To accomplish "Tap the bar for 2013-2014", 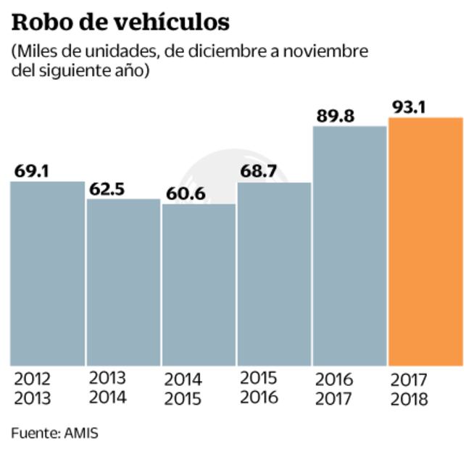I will [123, 282].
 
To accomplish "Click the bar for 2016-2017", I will [349, 246].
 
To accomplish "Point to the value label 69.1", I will [31, 172].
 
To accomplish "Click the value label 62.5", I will [107, 189].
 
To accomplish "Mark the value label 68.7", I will [258, 172].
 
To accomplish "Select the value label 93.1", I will [409, 107].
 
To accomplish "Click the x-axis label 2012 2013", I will [33, 387].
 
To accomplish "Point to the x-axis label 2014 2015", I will [184, 389].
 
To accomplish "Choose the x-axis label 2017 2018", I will [409, 389].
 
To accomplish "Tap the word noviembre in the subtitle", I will [329, 52].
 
